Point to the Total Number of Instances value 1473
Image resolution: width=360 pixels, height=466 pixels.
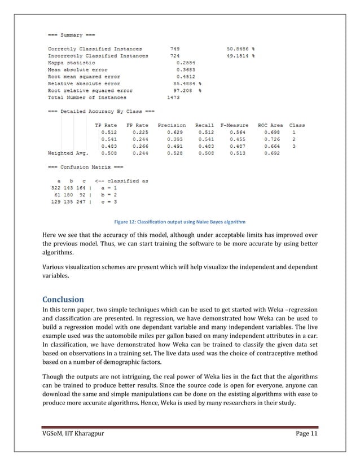pos(177,97)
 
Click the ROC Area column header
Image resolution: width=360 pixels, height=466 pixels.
pos(270,125)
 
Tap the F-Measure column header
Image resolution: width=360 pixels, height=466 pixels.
pos(232,125)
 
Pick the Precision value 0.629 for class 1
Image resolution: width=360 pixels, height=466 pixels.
pos(174,132)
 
